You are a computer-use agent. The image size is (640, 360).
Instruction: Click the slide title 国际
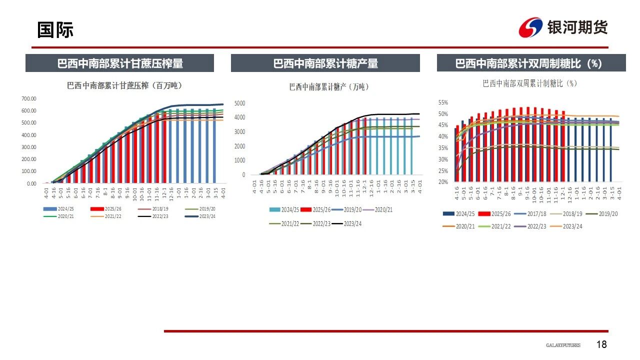click(x=55, y=30)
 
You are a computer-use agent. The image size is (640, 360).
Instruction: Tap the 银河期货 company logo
click(x=563, y=27)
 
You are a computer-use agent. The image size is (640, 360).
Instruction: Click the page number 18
click(x=601, y=344)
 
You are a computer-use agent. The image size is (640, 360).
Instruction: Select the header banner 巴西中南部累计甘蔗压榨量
click(x=120, y=63)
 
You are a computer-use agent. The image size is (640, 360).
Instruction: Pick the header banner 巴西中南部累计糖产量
click(x=325, y=63)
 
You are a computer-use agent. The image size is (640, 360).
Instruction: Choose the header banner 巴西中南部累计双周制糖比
click(x=531, y=63)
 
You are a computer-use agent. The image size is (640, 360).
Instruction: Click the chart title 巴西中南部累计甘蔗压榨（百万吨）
click(x=124, y=85)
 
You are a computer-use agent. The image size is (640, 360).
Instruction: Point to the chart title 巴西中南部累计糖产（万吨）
click(x=329, y=86)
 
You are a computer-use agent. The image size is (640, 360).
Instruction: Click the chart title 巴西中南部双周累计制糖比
click(x=529, y=83)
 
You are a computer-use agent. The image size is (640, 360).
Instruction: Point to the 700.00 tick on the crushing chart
click(x=29, y=98)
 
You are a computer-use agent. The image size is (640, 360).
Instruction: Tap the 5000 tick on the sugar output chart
click(x=240, y=103)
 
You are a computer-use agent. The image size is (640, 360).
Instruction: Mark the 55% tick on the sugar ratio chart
click(x=443, y=102)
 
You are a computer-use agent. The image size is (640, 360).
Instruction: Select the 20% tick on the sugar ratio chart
click(x=443, y=182)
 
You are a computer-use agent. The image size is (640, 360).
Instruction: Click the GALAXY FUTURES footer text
click(x=563, y=345)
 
